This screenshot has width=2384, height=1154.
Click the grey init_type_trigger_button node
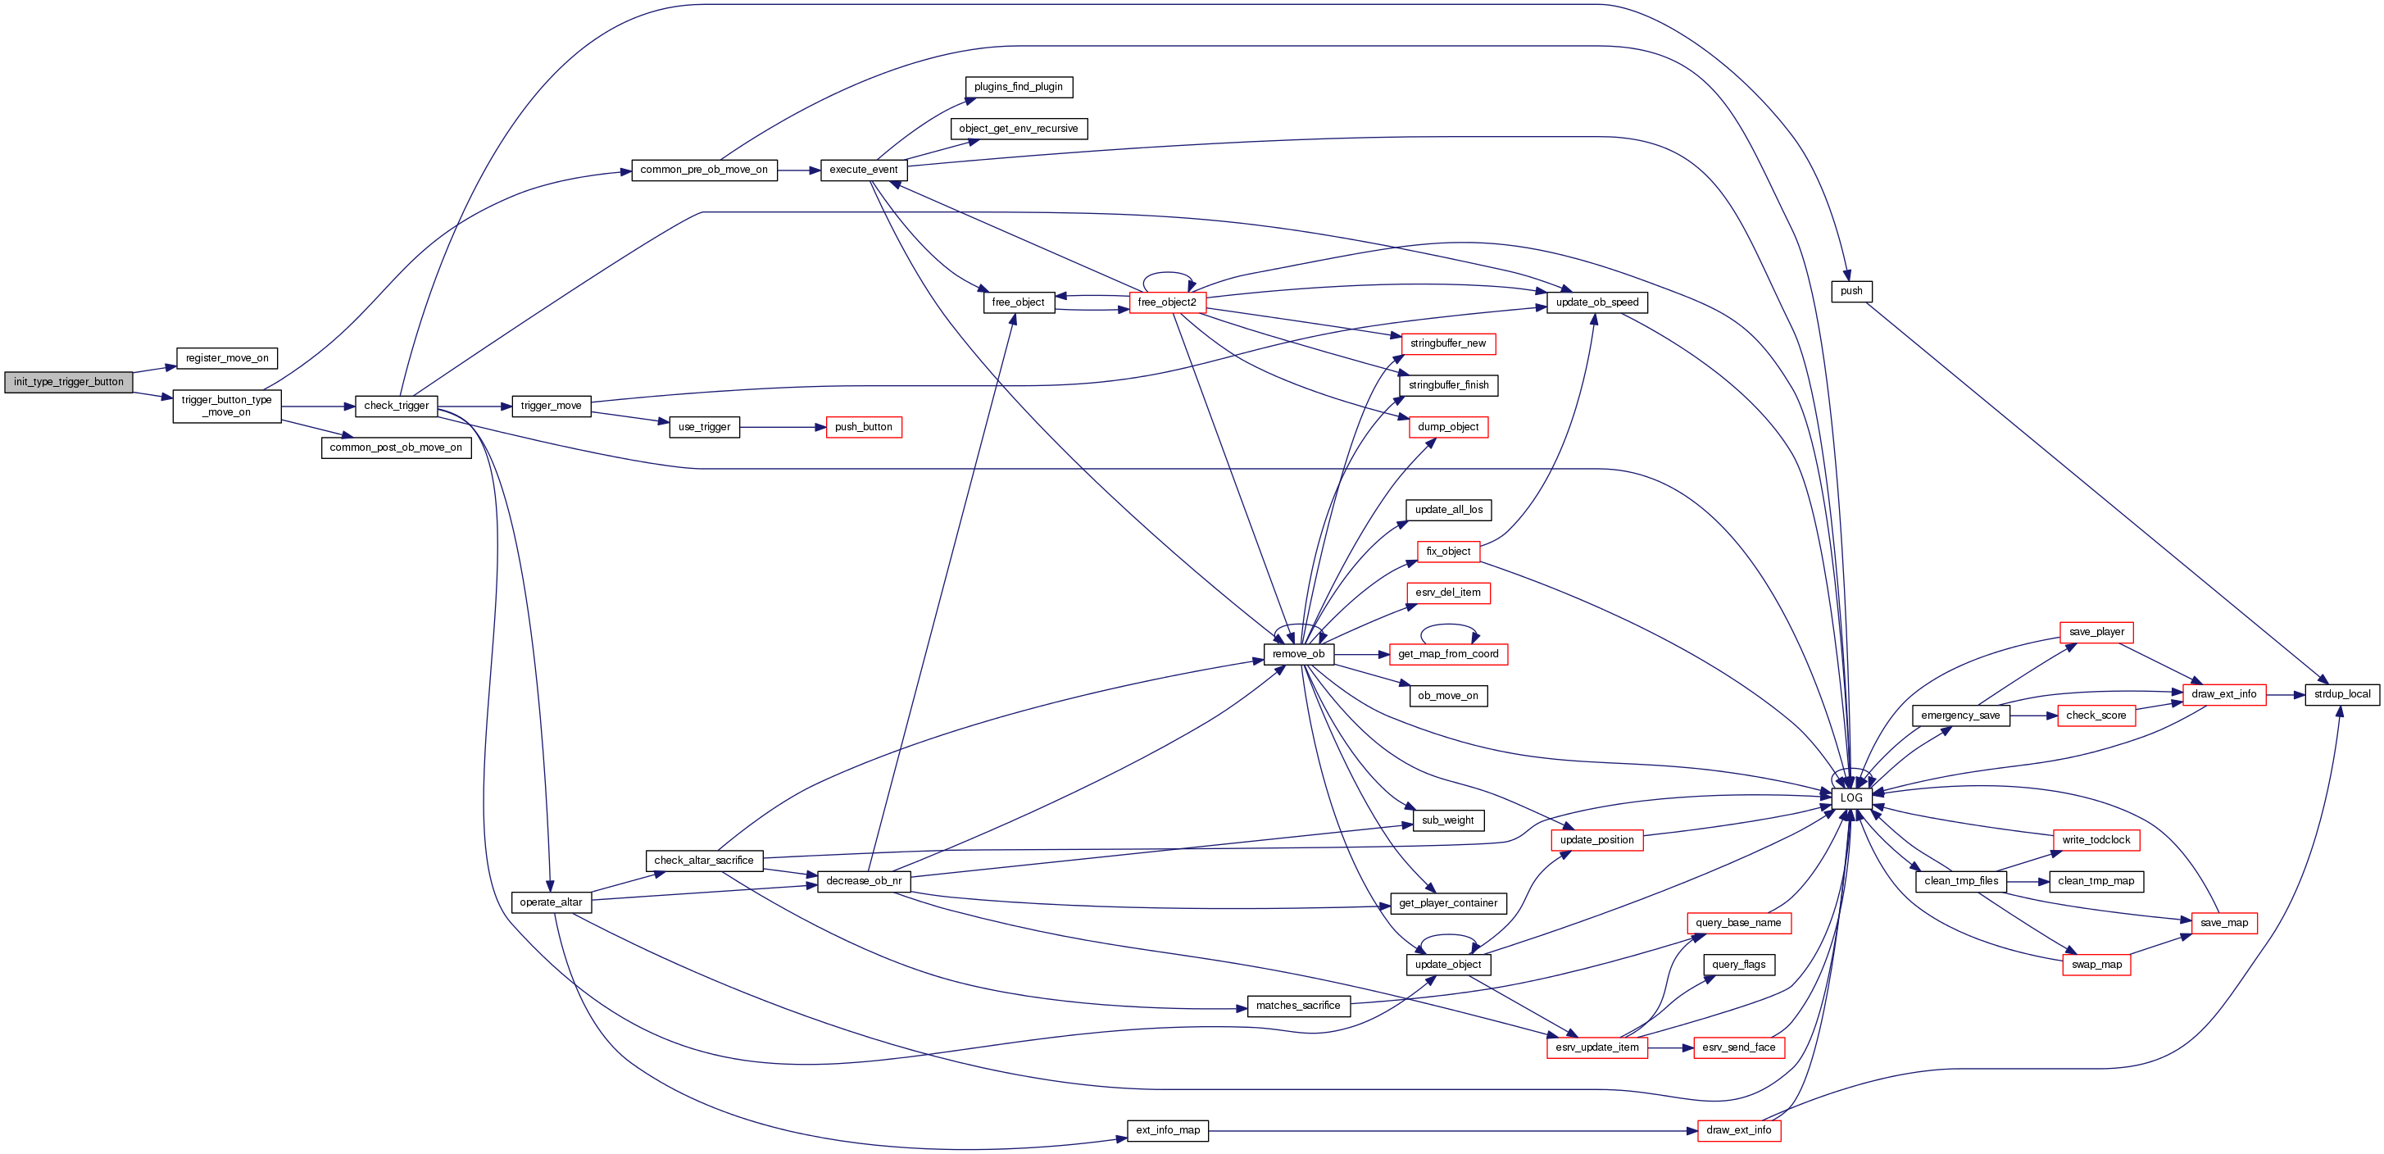coord(69,382)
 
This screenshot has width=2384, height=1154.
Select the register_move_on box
coord(227,358)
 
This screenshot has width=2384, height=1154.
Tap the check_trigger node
coord(396,407)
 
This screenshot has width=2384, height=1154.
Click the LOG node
coord(1851,797)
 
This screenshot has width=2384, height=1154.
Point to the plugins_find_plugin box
coord(1018,87)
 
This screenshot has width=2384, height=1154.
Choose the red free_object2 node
coord(1166,302)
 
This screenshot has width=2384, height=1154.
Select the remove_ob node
coord(1297,654)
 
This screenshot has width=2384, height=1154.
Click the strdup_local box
coord(2341,694)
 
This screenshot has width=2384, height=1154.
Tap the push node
coord(1851,292)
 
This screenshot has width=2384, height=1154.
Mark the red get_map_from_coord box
coord(1447,654)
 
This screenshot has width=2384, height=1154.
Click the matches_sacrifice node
coord(1297,1006)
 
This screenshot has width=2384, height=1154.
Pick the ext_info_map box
coord(1167,1131)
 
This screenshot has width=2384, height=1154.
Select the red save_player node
coord(2096,632)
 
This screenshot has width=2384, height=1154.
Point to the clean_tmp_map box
coord(2096,881)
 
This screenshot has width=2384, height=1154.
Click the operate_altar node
coord(551,902)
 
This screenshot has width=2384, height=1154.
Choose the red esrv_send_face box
coord(1738,1047)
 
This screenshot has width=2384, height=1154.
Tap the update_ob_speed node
coord(1596,302)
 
